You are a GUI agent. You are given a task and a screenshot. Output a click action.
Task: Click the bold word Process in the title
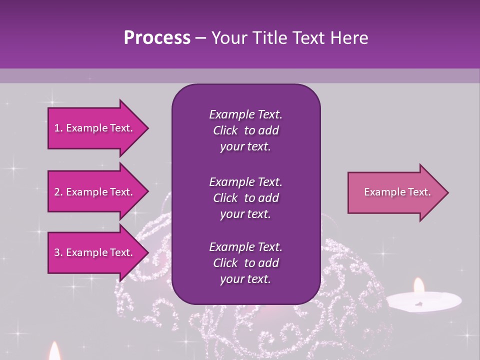[157, 38]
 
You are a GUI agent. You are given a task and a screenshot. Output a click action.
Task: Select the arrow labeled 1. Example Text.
[95, 128]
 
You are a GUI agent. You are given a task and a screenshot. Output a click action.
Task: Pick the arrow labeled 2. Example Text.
[95, 192]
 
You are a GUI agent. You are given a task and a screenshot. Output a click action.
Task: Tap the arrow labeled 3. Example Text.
[95, 252]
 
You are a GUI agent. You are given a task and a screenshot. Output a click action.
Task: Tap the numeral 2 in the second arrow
[57, 192]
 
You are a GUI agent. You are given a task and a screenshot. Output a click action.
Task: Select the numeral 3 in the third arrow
[57, 252]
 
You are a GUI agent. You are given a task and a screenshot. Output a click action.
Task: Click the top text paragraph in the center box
[245, 130]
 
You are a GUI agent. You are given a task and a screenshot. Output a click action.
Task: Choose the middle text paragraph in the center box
[245, 198]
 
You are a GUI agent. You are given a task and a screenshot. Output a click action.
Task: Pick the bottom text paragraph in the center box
[245, 263]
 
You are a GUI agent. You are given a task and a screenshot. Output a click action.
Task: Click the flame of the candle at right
[419, 286]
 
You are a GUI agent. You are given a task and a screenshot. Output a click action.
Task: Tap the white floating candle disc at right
[424, 301]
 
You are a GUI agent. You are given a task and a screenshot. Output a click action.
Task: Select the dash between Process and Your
[200, 38]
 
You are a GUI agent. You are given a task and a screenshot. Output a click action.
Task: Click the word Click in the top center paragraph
[225, 130]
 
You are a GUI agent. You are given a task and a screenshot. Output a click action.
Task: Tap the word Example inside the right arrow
[381, 192]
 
